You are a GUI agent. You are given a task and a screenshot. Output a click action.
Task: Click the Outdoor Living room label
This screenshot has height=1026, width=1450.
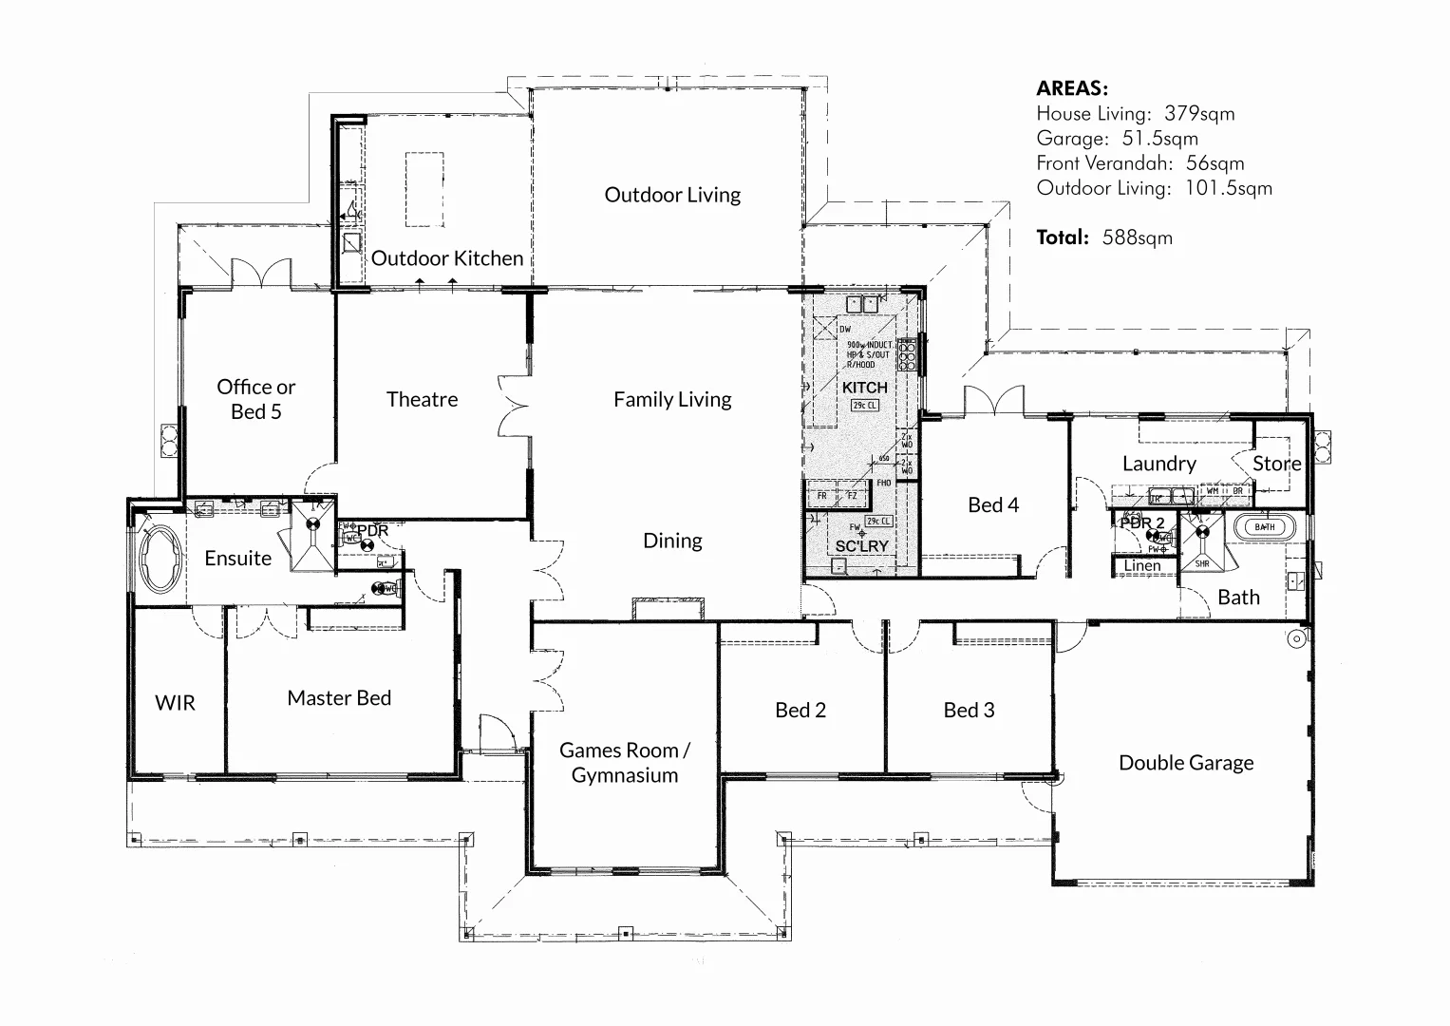coord(672,195)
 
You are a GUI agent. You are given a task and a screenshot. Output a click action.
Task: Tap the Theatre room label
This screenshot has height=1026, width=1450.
coord(422,399)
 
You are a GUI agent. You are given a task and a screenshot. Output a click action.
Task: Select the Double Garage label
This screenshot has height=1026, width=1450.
coord(1186,763)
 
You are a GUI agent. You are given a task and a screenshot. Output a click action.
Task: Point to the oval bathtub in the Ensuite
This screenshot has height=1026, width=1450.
coord(160,560)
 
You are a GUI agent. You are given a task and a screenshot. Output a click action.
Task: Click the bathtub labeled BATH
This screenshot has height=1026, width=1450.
coord(1265,526)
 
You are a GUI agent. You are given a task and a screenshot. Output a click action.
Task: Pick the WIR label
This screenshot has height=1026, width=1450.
coord(175,703)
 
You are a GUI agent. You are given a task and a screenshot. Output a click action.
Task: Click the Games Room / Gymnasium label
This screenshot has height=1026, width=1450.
coord(624,763)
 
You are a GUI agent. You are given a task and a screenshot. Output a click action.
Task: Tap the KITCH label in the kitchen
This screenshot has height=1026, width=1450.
coord(864,388)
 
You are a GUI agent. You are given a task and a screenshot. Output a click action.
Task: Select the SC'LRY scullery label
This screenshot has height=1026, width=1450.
coord(861,546)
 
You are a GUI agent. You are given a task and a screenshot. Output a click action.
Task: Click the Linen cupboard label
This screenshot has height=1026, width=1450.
coord(1142,566)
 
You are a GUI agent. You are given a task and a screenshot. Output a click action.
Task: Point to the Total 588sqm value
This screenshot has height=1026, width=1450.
coord(1104,237)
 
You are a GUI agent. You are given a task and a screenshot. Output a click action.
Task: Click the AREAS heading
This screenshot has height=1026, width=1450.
coord(1072,88)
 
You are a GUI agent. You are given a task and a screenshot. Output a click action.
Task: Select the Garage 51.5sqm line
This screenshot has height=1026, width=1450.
coord(1117,139)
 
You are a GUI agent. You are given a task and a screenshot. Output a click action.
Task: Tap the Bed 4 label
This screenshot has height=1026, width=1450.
coord(993,505)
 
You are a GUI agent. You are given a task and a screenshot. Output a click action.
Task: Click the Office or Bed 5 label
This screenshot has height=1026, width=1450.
coord(255,399)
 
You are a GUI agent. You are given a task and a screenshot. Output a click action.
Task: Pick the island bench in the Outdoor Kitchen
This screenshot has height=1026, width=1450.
coord(424,189)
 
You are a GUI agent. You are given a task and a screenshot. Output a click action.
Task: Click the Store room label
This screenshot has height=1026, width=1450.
coord(1276,464)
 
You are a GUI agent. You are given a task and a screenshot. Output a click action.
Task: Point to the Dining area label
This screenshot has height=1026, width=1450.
coord(672,541)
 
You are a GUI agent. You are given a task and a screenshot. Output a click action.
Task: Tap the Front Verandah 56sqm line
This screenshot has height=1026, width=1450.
coord(1139,163)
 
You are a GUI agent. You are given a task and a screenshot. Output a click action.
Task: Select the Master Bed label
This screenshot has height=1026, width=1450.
coord(339,698)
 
